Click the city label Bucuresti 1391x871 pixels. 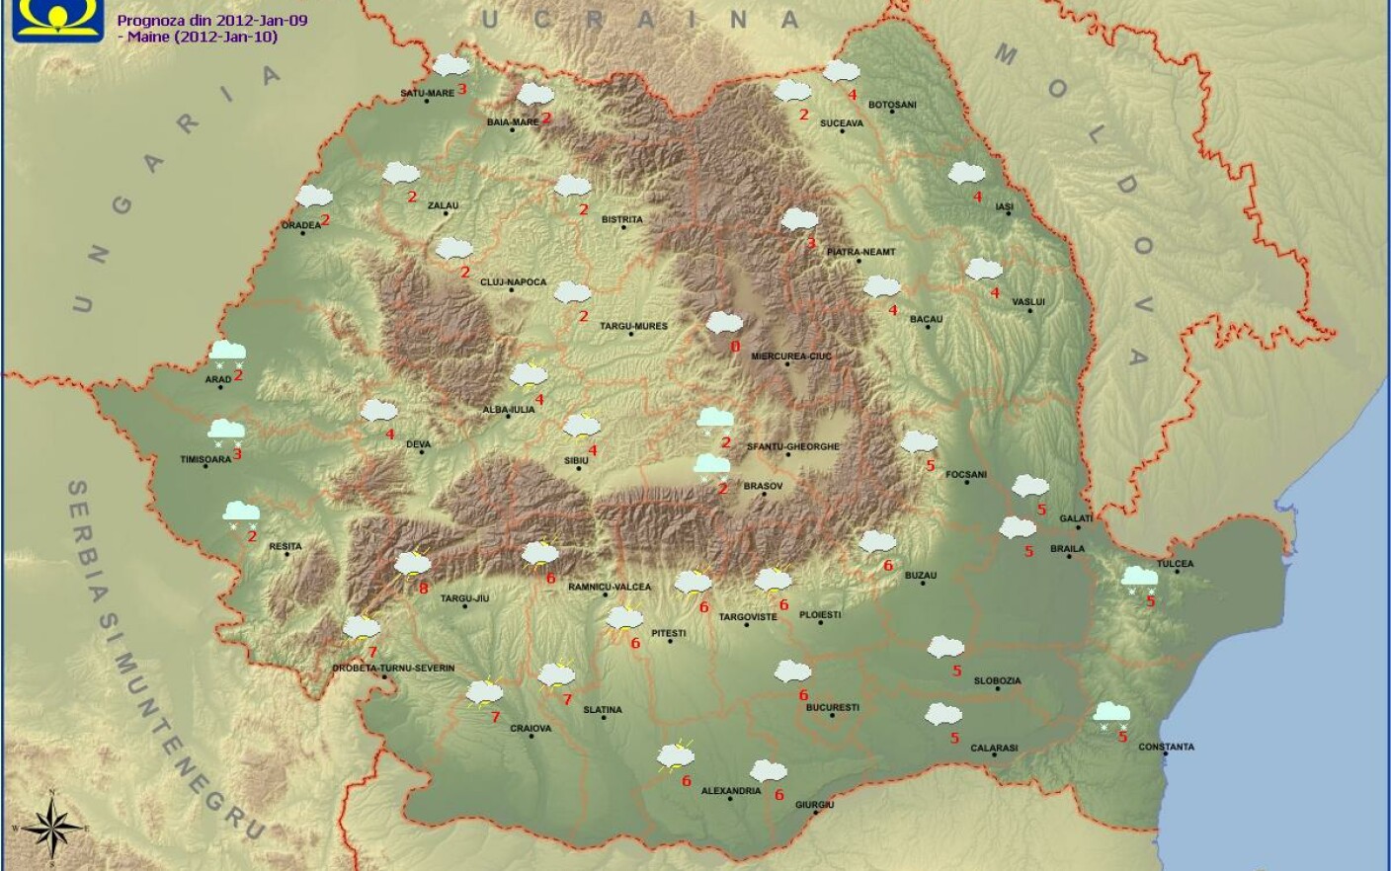click(x=832, y=707)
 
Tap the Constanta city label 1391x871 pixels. click(x=1166, y=747)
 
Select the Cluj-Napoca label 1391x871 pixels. click(x=513, y=281)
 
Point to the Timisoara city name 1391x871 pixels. click(x=205, y=459)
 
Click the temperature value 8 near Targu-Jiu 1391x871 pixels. click(x=423, y=590)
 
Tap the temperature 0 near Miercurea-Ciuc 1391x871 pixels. click(x=734, y=347)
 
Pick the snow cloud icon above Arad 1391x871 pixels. click(x=227, y=352)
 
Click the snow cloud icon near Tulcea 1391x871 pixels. click(x=1140, y=578)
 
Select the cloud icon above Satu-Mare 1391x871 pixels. click(x=450, y=66)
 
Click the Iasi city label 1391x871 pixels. click(x=1004, y=207)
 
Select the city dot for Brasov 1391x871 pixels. click(x=762, y=494)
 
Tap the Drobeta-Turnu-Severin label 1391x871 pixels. click(x=393, y=669)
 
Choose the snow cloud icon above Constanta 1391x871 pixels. click(x=1112, y=713)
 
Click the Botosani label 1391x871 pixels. click(x=892, y=105)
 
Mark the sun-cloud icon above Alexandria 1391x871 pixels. click(x=676, y=756)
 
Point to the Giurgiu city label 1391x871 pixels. click(x=815, y=805)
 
